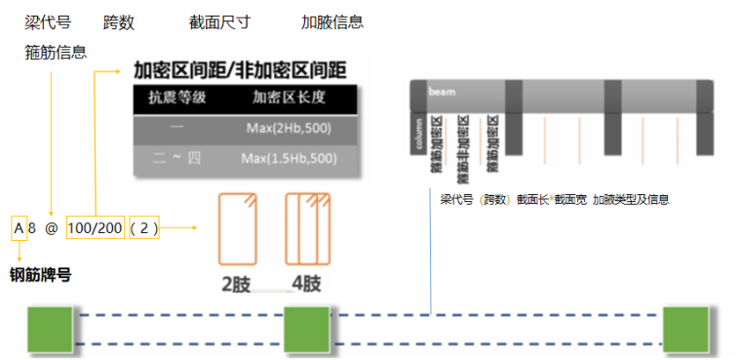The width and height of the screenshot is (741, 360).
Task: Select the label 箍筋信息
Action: (x=56, y=53)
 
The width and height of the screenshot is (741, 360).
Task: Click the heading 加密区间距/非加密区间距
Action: (x=242, y=71)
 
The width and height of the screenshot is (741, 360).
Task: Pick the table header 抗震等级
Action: (x=176, y=98)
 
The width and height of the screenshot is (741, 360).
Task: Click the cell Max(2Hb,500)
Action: (x=291, y=128)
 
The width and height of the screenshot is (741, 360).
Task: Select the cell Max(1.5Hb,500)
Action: (x=291, y=157)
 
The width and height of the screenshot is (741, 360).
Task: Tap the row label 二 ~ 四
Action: (x=175, y=157)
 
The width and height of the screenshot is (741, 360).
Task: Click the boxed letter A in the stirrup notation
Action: (x=19, y=229)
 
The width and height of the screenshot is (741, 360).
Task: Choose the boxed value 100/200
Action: (x=96, y=229)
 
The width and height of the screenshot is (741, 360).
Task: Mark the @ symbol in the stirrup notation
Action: (x=52, y=229)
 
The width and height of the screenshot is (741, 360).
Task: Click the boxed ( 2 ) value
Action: (x=143, y=229)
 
